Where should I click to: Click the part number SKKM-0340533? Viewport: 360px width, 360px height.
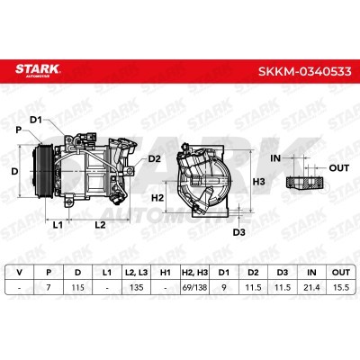pyautogui.click(x=304, y=71)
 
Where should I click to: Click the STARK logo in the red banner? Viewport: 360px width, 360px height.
pyautogui.click(x=38, y=69)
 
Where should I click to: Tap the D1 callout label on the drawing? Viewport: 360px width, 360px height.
pyautogui.click(x=36, y=120)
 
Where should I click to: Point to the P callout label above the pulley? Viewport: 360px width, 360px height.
pyautogui.click(x=19, y=130)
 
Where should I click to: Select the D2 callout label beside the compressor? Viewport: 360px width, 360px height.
pyautogui.click(x=155, y=158)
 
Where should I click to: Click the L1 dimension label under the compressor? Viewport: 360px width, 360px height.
pyautogui.click(x=58, y=224)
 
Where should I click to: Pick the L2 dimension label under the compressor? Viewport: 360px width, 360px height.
pyautogui.click(x=100, y=224)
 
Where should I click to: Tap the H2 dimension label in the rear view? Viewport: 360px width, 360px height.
pyautogui.click(x=157, y=198)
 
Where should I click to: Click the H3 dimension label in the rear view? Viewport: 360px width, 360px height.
pyautogui.click(x=258, y=182)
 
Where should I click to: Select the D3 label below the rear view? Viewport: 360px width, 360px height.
pyautogui.click(x=239, y=232)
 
